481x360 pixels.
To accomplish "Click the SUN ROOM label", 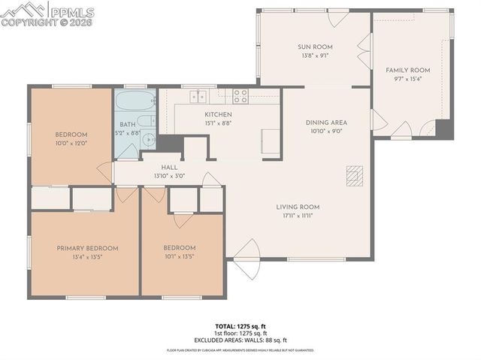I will click(x=315, y=47).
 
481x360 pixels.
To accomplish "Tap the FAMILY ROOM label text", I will click(x=407, y=70).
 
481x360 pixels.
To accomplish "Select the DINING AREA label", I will click(x=325, y=122).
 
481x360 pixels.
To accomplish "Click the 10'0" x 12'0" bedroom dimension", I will click(x=71, y=143).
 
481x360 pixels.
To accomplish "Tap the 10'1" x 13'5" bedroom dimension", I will click(x=180, y=256).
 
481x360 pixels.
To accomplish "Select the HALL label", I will click(x=168, y=168).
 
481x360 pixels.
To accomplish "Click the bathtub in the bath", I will click(x=135, y=100).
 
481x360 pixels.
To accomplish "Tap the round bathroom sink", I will click(x=149, y=140).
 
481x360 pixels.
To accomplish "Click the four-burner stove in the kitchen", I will click(x=240, y=95).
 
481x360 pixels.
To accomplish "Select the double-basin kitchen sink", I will click(x=198, y=95).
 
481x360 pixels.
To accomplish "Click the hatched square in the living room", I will click(x=353, y=175).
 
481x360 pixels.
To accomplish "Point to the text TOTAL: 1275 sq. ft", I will click(x=240, y=326).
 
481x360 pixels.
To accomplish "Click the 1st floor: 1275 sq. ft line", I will click(x=240, y=333).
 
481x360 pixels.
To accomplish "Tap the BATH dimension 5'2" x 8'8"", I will click(x=129, y=132).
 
